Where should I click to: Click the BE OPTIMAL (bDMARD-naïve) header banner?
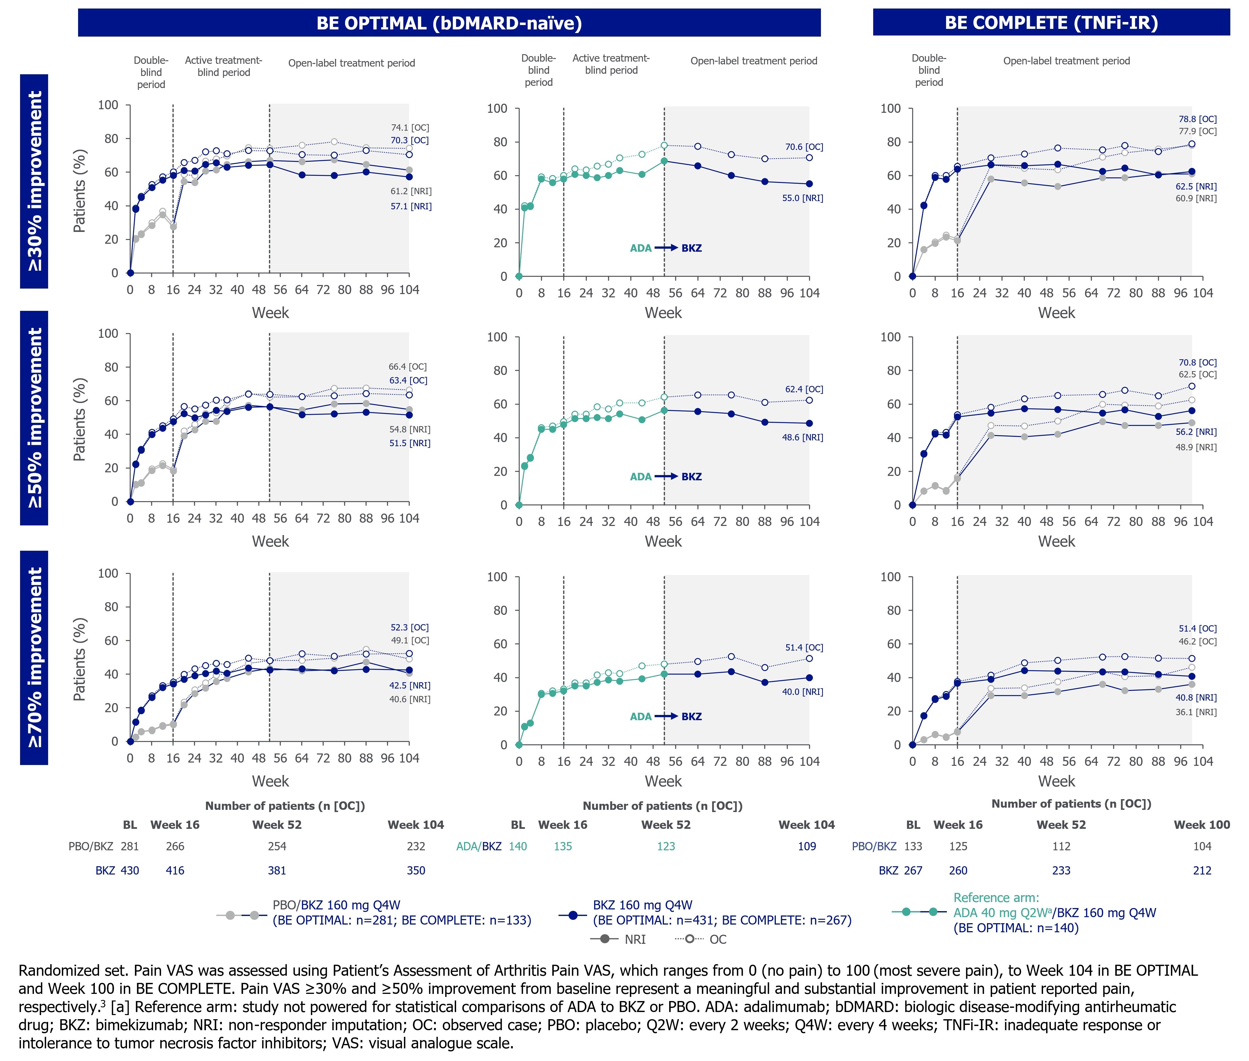tap(449, 23)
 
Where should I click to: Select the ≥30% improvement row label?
tap(34, 181)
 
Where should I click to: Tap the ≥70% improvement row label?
tap(34, 657)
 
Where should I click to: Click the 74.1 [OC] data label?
tap(410, 128)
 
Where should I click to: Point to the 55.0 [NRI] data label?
tap(803, 198)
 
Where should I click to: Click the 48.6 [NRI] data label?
tap(803, 437)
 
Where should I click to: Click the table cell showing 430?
tap(130, 870)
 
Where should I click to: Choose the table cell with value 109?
tap(807, 846)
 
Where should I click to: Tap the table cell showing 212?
tap(1202, 870)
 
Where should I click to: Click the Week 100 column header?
tap(1202, 825)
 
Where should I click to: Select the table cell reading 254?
tap(277, 846)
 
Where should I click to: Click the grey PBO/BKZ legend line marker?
tap(242, 915)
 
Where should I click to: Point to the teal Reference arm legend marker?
tap(920, 912)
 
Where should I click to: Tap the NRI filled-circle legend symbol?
tap(605, 939)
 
